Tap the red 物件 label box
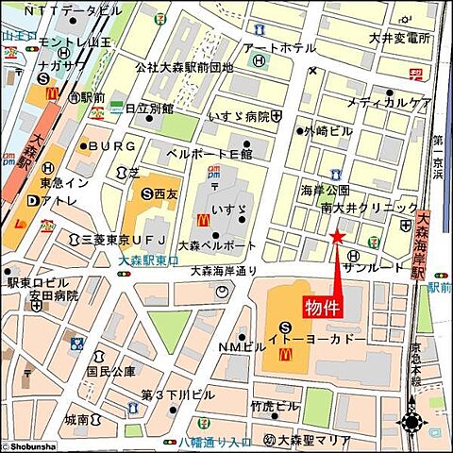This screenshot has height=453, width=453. tap(322, 308)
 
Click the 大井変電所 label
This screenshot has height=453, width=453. tap(399, 39)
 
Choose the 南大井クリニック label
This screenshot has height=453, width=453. tap(369, 208)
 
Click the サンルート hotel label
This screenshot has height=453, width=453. tap(387, 268)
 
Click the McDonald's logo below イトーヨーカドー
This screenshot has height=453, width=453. tap(287, 354)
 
